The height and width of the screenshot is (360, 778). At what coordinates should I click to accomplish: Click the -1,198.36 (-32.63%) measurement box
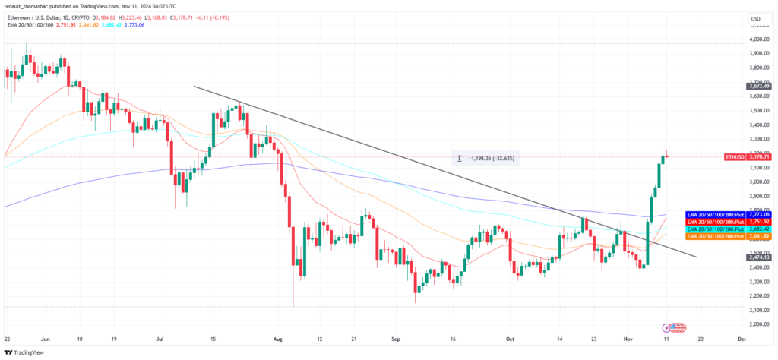(484, 159)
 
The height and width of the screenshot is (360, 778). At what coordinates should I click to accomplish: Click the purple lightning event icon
(666, 327)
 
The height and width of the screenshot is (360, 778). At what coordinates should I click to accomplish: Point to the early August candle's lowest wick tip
(293, 307)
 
